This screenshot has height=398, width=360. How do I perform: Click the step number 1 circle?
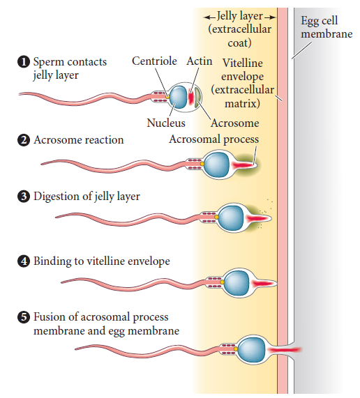pos(24,62)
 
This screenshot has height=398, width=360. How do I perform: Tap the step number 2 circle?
pos(24,140)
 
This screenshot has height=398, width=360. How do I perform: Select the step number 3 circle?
pos(24,197)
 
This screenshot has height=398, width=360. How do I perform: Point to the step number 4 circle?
pos(24,261)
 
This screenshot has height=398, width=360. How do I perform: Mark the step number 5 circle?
pos(24,317)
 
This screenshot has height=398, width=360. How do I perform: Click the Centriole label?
pos(154,61)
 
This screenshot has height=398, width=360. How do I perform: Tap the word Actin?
pos(200,61)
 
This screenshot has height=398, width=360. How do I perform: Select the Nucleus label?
pos(166,123)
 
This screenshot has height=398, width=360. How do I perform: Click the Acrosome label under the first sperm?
pos(235,123)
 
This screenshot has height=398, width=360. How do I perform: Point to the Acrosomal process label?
pos(214,139)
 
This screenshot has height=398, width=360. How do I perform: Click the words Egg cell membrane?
pos(327,27)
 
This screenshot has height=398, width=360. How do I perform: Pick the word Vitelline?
pos(243,63)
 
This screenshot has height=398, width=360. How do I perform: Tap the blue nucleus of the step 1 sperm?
pos(179,97)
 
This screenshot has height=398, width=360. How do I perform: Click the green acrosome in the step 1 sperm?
pos(198,98)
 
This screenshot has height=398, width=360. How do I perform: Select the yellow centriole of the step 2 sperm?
pos(202,164)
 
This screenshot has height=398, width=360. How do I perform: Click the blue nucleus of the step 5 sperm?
pos(253,349)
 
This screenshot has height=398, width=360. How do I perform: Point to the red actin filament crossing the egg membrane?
pos(285,350)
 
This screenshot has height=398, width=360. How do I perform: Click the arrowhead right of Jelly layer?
pos(273,17)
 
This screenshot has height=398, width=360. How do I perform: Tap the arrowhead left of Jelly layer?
pos(207,17)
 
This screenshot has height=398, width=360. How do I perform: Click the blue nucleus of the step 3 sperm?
pos(231,218)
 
